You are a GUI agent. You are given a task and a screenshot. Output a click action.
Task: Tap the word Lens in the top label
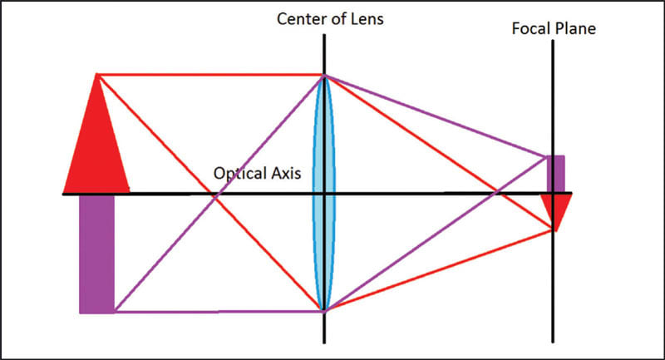click(x=367, y=18)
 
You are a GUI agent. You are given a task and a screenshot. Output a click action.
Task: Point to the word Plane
click(x=577, y=29)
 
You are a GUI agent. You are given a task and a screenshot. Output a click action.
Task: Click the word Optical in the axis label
click(x=238, y=175)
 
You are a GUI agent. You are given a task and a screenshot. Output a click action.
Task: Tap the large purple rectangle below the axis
click(x=96, y=254)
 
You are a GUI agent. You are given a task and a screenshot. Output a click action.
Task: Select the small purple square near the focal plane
click(x=554, y=174)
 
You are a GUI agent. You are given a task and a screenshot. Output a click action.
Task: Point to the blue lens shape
click(x=324, y=193)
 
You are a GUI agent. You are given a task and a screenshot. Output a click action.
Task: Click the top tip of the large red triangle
click(x=97, y=75)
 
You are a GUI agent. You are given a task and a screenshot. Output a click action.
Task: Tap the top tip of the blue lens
click(x=324, y=76)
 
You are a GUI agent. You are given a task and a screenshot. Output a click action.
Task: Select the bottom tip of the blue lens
click(x=324, y=311)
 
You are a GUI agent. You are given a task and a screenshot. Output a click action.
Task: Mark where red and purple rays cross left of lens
click(x=214, y=196)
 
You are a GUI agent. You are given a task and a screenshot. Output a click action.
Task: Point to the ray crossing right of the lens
click(x=495, y=194)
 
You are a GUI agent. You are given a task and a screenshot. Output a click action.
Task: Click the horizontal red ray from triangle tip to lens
click(x=208, y=75)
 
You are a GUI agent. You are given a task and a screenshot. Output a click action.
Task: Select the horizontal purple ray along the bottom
click(x=216, y=312)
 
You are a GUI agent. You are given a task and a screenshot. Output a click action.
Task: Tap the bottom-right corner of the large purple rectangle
click(x=114, y=313)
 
